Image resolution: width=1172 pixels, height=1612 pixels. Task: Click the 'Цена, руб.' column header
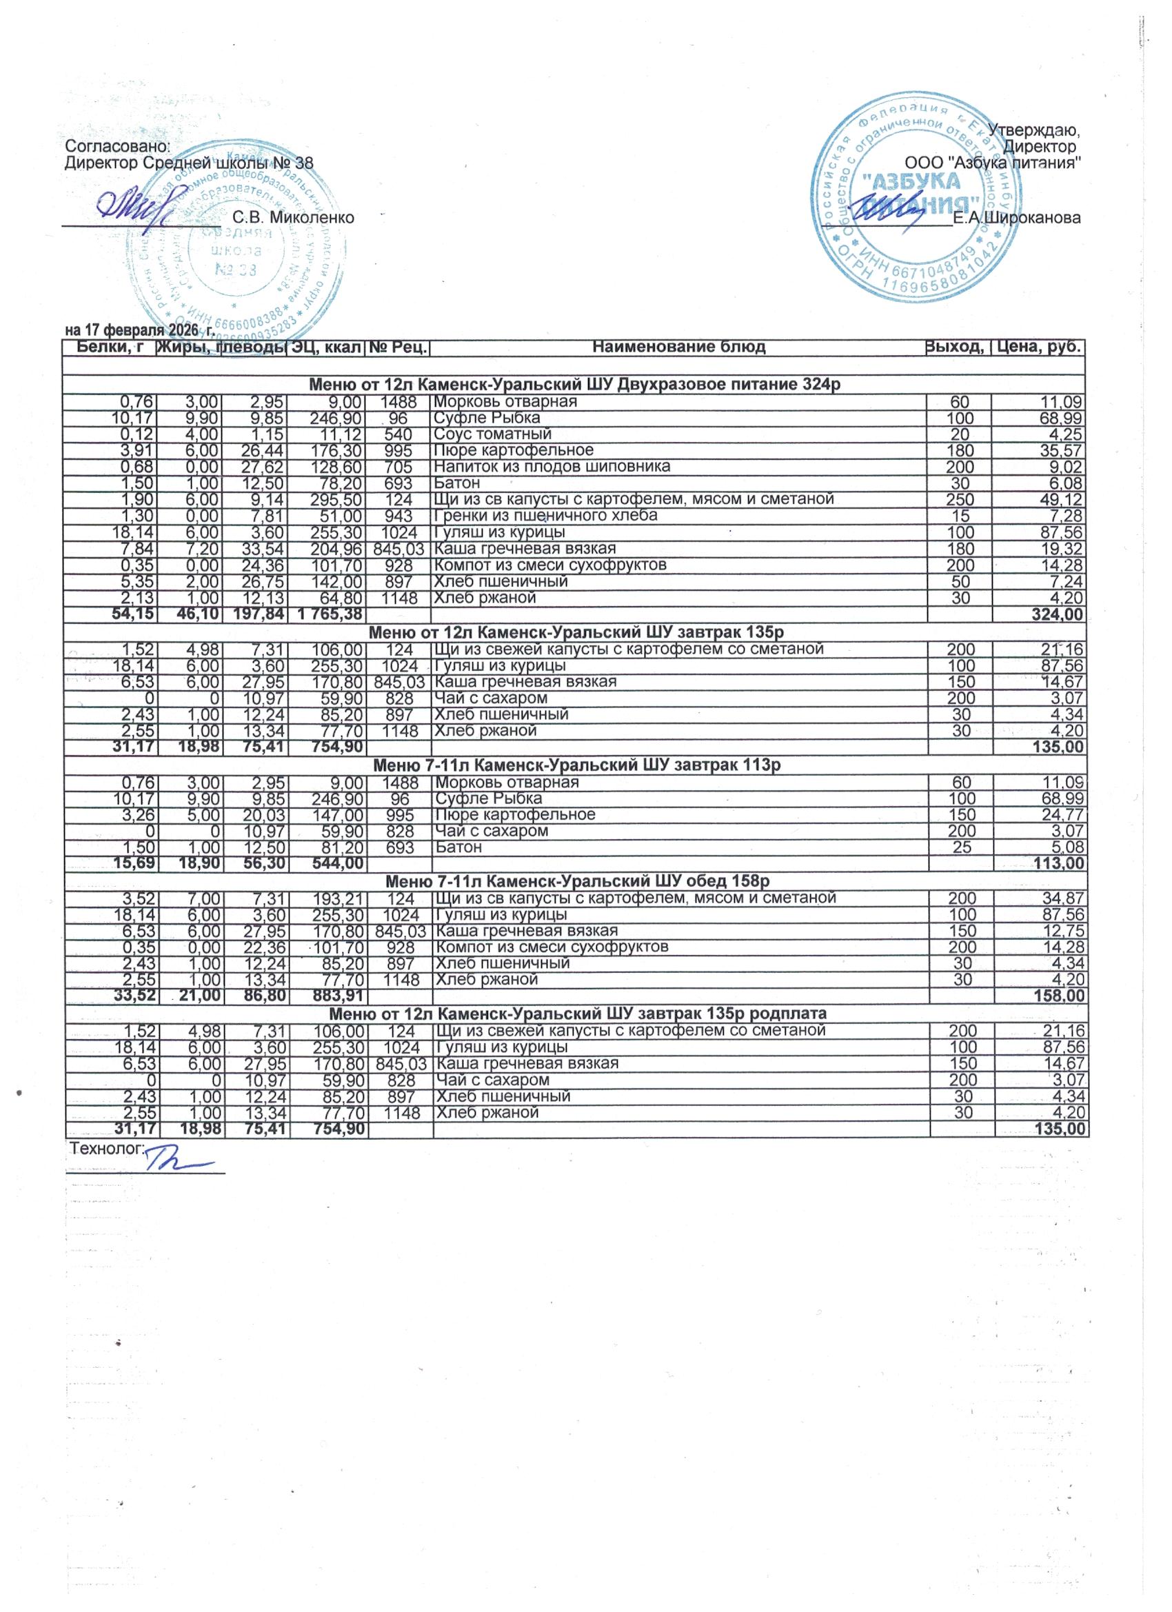tap(1040, 347)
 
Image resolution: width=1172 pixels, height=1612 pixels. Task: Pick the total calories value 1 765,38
tap(326, 614)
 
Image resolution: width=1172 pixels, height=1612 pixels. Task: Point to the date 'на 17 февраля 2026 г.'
tap(140, 330)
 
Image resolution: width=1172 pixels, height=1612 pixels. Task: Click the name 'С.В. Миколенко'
tap(294, 217)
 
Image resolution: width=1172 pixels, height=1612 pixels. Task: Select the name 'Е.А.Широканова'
tap(1017, 218)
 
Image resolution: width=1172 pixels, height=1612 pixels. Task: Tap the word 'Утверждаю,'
tap(1035, 131)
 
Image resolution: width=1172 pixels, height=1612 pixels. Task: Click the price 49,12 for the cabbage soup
tap(1060, 499)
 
